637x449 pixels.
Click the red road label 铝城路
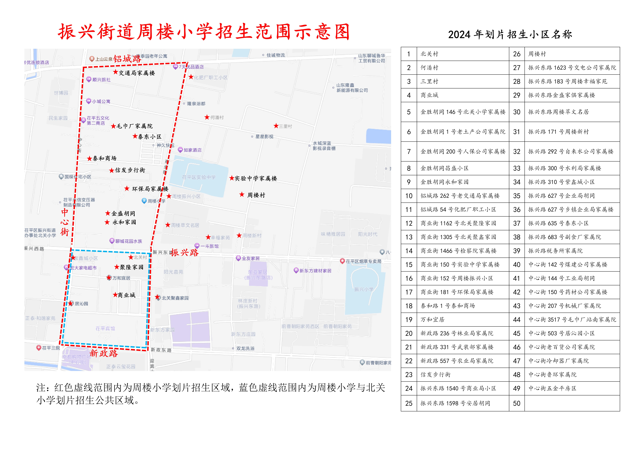(127, 58)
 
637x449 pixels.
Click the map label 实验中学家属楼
(256, 178)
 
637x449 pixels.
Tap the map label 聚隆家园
(132, 267)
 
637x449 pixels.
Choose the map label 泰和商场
(105, 158)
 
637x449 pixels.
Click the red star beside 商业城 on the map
(115, 295)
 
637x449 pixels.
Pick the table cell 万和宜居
(432, 320)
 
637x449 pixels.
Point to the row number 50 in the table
(517, 403)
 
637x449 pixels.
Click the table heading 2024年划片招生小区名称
(510, 34)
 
